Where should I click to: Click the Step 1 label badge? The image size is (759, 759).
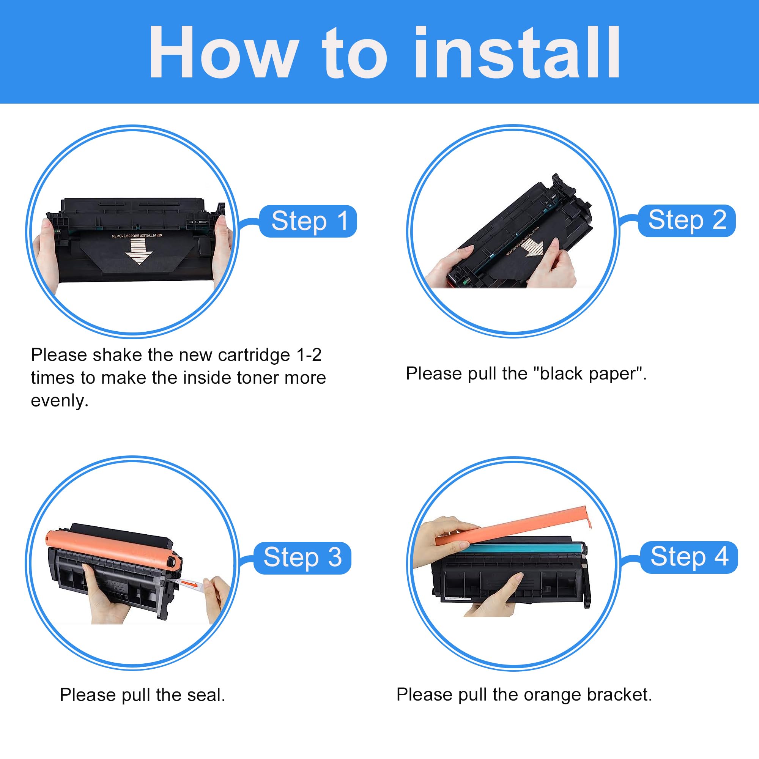pos(308,221)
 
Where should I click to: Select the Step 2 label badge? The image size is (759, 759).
pos(687,220)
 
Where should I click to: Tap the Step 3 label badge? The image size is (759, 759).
pos(302,558)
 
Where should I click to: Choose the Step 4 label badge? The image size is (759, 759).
pos(689,557)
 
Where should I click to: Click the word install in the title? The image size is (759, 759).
pos(517,53)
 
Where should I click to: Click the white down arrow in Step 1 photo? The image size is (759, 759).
pos(138,252)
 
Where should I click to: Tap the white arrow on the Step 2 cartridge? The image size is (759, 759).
pos(532,247)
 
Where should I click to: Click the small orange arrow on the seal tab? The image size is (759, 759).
pos(191,585)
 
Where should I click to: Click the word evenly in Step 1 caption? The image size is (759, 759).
pos(59,401)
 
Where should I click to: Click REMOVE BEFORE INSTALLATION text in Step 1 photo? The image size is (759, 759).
pos(137,235)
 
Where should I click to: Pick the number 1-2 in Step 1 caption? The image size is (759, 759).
pos(309,355)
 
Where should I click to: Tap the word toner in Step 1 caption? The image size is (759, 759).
pos(255,378)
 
